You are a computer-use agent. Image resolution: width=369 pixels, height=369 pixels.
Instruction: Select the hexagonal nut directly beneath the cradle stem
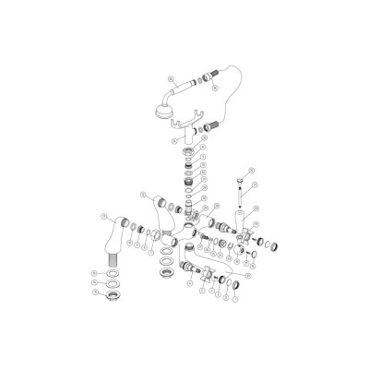[189, 149]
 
